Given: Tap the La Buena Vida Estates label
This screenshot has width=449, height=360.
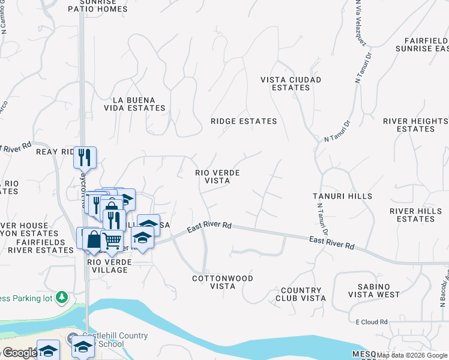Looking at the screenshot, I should pyautogui.click(x=139, y=104).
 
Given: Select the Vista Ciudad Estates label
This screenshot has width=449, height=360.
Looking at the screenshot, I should pyautogui.click(x=291, y=83).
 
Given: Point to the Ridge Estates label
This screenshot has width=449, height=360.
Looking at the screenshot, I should pyautogui.click(x=244, y=121).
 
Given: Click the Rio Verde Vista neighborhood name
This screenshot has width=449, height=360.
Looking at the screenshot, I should pyautogui.click(x=218, y=176).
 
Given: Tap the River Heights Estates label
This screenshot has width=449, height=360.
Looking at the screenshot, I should pyautogui.click(x=415, y=125).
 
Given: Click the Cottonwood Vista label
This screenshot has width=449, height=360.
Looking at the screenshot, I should pyautogui.click(x=223, y=282).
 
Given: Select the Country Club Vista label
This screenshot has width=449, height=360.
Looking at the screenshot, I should pyautogui.click(x=301, y=294).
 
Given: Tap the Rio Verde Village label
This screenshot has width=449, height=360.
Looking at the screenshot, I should pyautogui.click(x=107, y=266).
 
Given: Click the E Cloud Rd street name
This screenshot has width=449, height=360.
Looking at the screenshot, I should pyautogui.click(x=372, y=322).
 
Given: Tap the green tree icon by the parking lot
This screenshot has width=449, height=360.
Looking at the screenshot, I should pyautogui.click(x=61, y=297).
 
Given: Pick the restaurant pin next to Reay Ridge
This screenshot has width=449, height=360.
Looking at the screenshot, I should pyautogui.click(x=85, y=157).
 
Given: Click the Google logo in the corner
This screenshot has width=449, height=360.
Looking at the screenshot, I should pyautogui.click(x=20, y=353).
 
